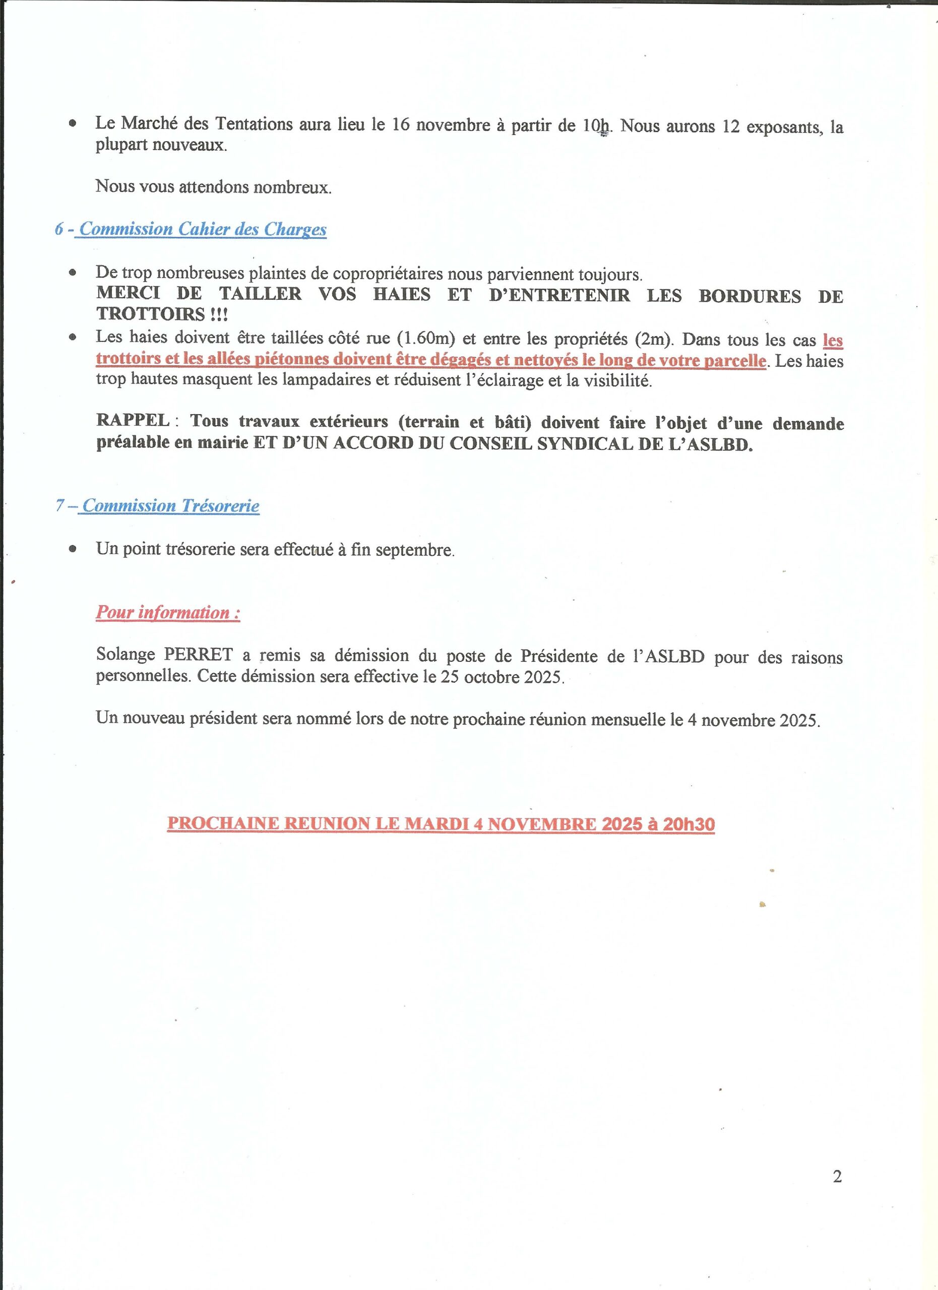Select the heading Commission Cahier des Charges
pyautogui.click(x=203, y=229)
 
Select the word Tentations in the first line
pyautogui.click(x=254, y=123)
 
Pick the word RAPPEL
pyautogui.click(x=133, y=420)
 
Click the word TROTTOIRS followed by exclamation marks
pyautogui.click(x=151, y=314)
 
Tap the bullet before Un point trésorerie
pyautogui.click(x=72, y=549)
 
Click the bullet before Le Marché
pyautogui.click(x=72, y=123)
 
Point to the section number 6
pyautogui.click(x=59, y=229)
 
